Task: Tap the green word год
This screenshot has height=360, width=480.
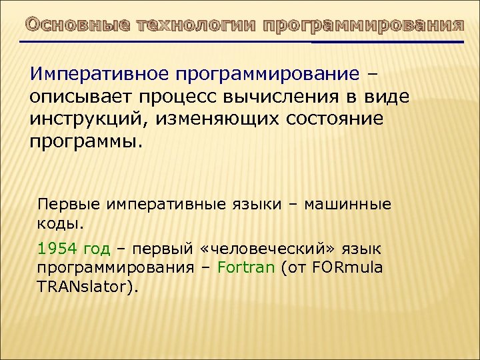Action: click(97, 249)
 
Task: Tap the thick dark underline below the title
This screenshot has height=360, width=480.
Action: click(387, 43)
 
